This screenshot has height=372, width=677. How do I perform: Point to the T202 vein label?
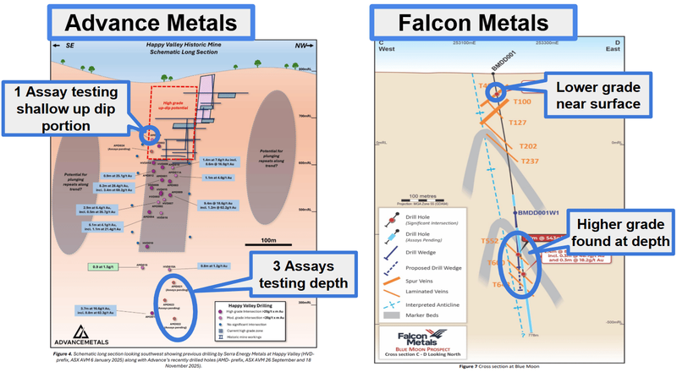pos(530,146)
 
